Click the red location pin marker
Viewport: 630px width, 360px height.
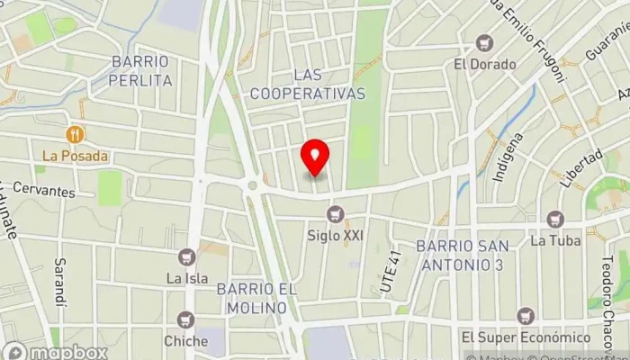coord(315,158)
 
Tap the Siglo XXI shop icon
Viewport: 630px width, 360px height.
coord(336,214)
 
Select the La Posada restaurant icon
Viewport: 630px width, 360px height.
coord(75,135)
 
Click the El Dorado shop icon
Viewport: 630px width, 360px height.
coord(485,43)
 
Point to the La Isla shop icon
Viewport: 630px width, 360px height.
coord(187,256)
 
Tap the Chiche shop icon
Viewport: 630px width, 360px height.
coord(186,319)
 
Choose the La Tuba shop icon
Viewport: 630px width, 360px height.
coord(554,219)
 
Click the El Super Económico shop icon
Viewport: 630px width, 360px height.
coord(526,316)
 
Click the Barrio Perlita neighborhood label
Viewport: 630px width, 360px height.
coord(139,70)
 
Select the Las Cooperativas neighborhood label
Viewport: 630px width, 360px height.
coord(308,84)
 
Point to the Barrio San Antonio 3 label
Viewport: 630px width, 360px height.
coord(463,254)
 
